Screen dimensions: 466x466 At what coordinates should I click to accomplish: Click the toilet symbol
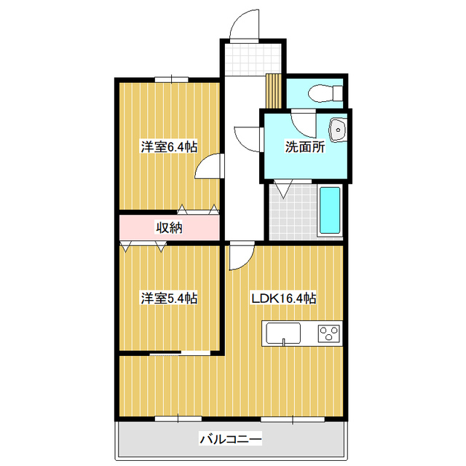(x=325, y=93)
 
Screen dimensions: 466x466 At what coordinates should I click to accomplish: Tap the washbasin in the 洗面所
(x=338, y=130)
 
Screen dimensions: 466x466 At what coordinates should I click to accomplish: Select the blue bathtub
(x=330, y=210)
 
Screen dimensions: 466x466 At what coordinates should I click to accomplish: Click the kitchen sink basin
(x=283, y=333)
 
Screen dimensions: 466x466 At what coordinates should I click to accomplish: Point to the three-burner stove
(x=328, y=333)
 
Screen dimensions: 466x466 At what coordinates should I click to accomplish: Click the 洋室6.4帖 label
(x=169, y=147)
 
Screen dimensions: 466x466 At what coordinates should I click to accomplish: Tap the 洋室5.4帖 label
(x=169, y=298)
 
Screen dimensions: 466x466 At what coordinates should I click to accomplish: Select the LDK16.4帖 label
(x=284, y=298)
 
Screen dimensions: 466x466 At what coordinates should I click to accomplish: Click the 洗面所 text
(x=305, y=146)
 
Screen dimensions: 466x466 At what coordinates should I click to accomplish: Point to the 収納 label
(x=169, y=228)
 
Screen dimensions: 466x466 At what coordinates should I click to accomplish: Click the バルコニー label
(x=231, y=439)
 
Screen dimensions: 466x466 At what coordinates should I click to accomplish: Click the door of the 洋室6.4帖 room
(x=209, y=166)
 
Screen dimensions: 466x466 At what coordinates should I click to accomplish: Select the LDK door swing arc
(x=246, y=261)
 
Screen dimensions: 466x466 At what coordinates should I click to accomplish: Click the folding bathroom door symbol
(x=283, y=189)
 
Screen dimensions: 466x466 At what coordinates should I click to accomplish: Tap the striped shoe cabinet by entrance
(x=274, y=90)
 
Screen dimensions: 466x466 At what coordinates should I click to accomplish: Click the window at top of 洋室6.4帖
(x=172, y=79)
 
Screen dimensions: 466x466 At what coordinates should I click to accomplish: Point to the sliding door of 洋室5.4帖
(x=180, y=353)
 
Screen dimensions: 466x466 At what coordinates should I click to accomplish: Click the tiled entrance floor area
(x=252, y=60)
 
